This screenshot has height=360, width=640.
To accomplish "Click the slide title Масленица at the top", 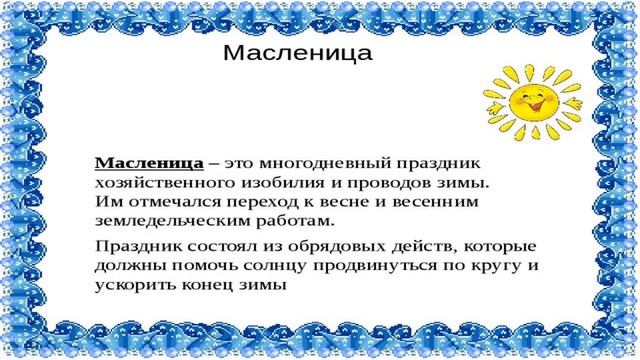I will (296, 51).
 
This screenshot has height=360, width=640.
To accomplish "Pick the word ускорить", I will (132, 284).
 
